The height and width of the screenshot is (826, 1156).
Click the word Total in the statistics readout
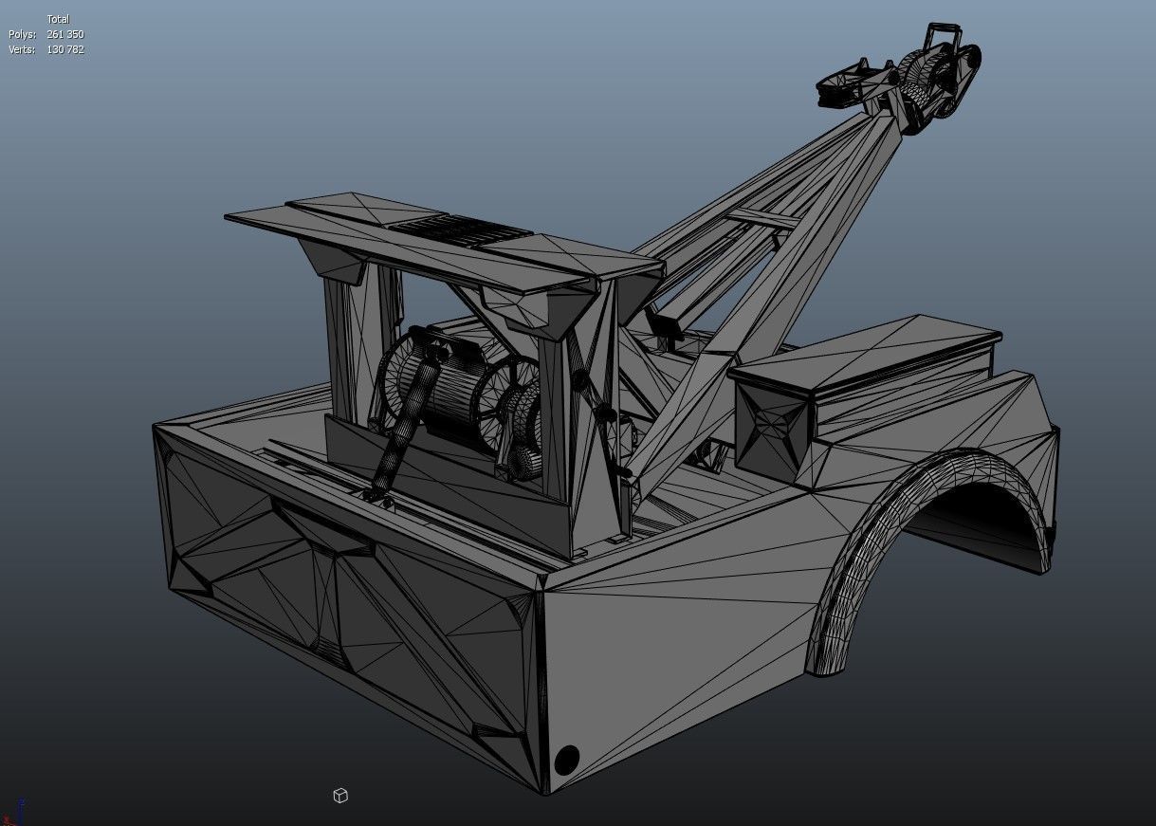[58, 19]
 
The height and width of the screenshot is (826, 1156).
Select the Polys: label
[21, 34]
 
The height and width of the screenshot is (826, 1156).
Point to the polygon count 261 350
[65, 34]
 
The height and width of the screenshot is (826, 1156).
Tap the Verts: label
[21, 49]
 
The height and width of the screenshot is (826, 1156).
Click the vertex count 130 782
[65, 49]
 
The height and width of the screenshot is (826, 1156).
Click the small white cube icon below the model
[340, 796]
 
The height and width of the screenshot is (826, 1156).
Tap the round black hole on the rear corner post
[566, 759]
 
